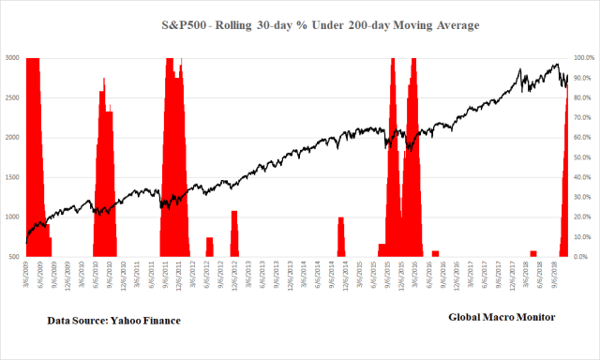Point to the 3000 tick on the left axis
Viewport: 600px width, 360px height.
[x=11, y=58]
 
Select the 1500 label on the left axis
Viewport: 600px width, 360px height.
[x=11, y=177]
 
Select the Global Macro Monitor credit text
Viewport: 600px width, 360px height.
[x=502, y=317]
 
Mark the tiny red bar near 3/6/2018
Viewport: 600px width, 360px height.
[x=532, y=253]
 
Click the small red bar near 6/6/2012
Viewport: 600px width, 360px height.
[x=210, y=247]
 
